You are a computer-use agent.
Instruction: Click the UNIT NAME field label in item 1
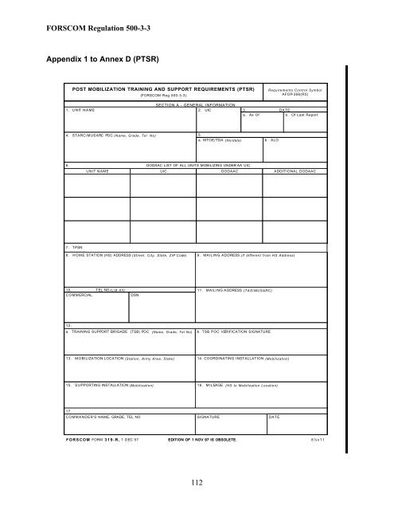pos(79,110)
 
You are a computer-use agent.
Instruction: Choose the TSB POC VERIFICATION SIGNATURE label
pos(237,331)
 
